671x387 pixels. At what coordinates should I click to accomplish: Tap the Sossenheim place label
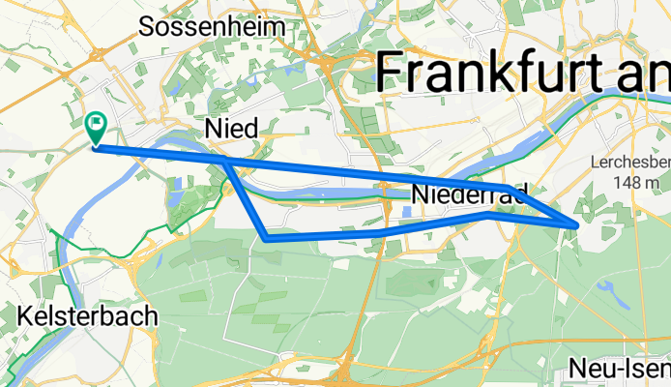(x=213, y=26)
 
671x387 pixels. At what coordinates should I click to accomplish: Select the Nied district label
(x=228, y=128)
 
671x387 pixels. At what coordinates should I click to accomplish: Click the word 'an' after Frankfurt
(x=645, y=73)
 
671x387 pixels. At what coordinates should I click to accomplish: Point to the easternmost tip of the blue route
(x=577, y=225)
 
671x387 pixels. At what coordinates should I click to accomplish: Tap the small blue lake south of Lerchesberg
(x=607, y=287)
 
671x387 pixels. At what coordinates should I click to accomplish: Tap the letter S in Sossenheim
(x=148, y=26)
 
